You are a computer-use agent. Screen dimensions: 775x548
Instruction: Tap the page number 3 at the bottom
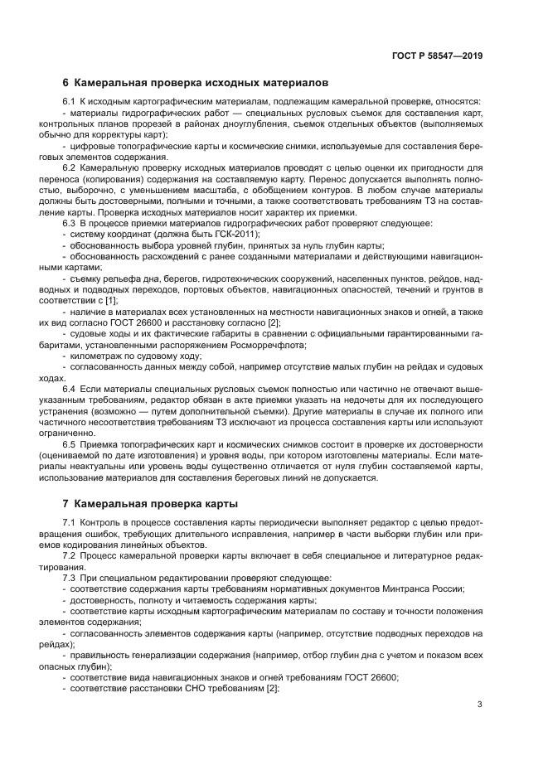(480, 705)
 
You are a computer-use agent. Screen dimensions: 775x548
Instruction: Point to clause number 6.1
(70, 102)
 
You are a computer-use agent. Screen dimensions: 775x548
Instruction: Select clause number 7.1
(70, 521)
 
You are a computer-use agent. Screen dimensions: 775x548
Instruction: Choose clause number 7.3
(70, 577)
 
